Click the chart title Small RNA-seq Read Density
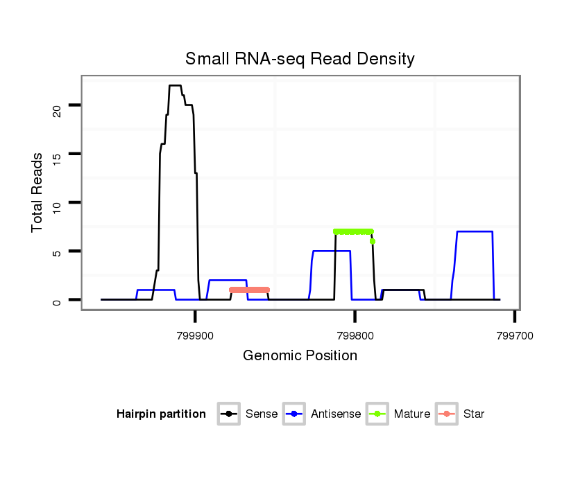point(300,59)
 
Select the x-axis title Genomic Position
point(300,356)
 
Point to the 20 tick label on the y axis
point(57,105)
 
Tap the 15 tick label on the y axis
point(57,154)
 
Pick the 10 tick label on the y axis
point(57,202)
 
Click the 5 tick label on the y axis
point(57,251)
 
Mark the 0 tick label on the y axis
point(57,300)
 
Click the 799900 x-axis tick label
point(195,335)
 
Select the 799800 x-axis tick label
point(355,335)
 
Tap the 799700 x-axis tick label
point(514,335)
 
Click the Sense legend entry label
point(262,414)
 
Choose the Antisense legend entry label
point(336,414)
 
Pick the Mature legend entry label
point(411,414)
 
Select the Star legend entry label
point(473,414)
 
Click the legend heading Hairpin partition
point(161,414)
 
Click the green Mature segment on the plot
point(353,231)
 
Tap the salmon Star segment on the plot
point(249,290)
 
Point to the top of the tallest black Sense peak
point(175,85)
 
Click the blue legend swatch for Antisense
point(294,414)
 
